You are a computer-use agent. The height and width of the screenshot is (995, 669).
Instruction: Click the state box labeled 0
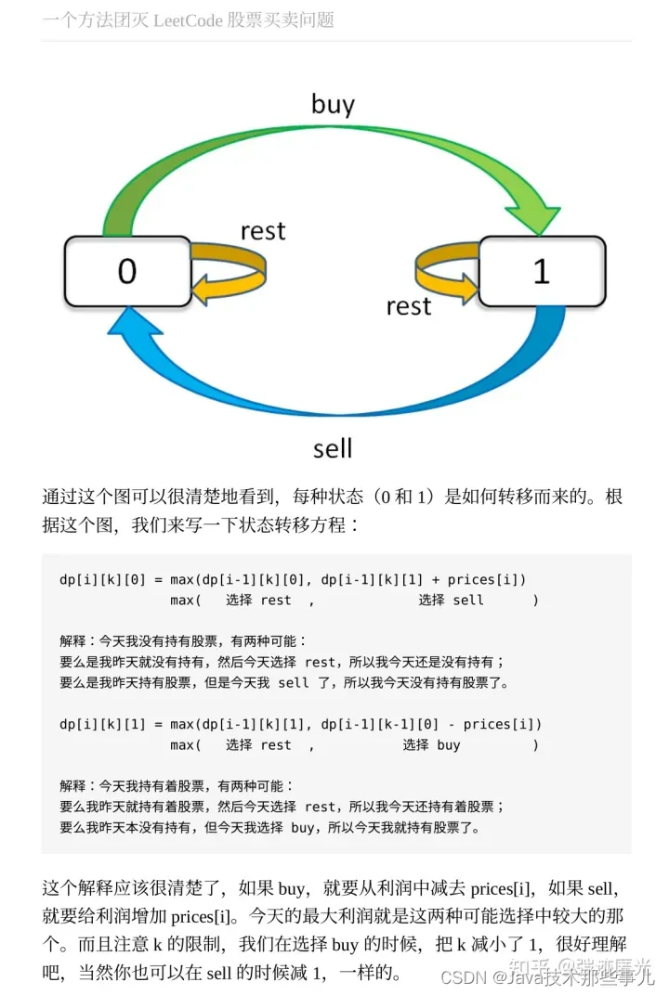(x=126, y=271)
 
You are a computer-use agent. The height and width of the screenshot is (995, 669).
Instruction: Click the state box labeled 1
(x=541, y=271)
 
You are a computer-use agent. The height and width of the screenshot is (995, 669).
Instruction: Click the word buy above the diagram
(x=333, y=104)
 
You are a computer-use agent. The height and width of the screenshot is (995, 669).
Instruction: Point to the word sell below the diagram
(x=333, y=448)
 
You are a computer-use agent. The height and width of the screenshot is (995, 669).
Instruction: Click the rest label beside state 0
(x=262, y=231)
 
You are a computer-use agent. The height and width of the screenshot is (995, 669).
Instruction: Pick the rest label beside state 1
(x=409, y=305)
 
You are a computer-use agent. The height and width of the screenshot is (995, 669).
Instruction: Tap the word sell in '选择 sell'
(x=468, y=601)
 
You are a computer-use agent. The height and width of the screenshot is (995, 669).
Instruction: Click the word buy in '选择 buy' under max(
(x=449, y=744)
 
